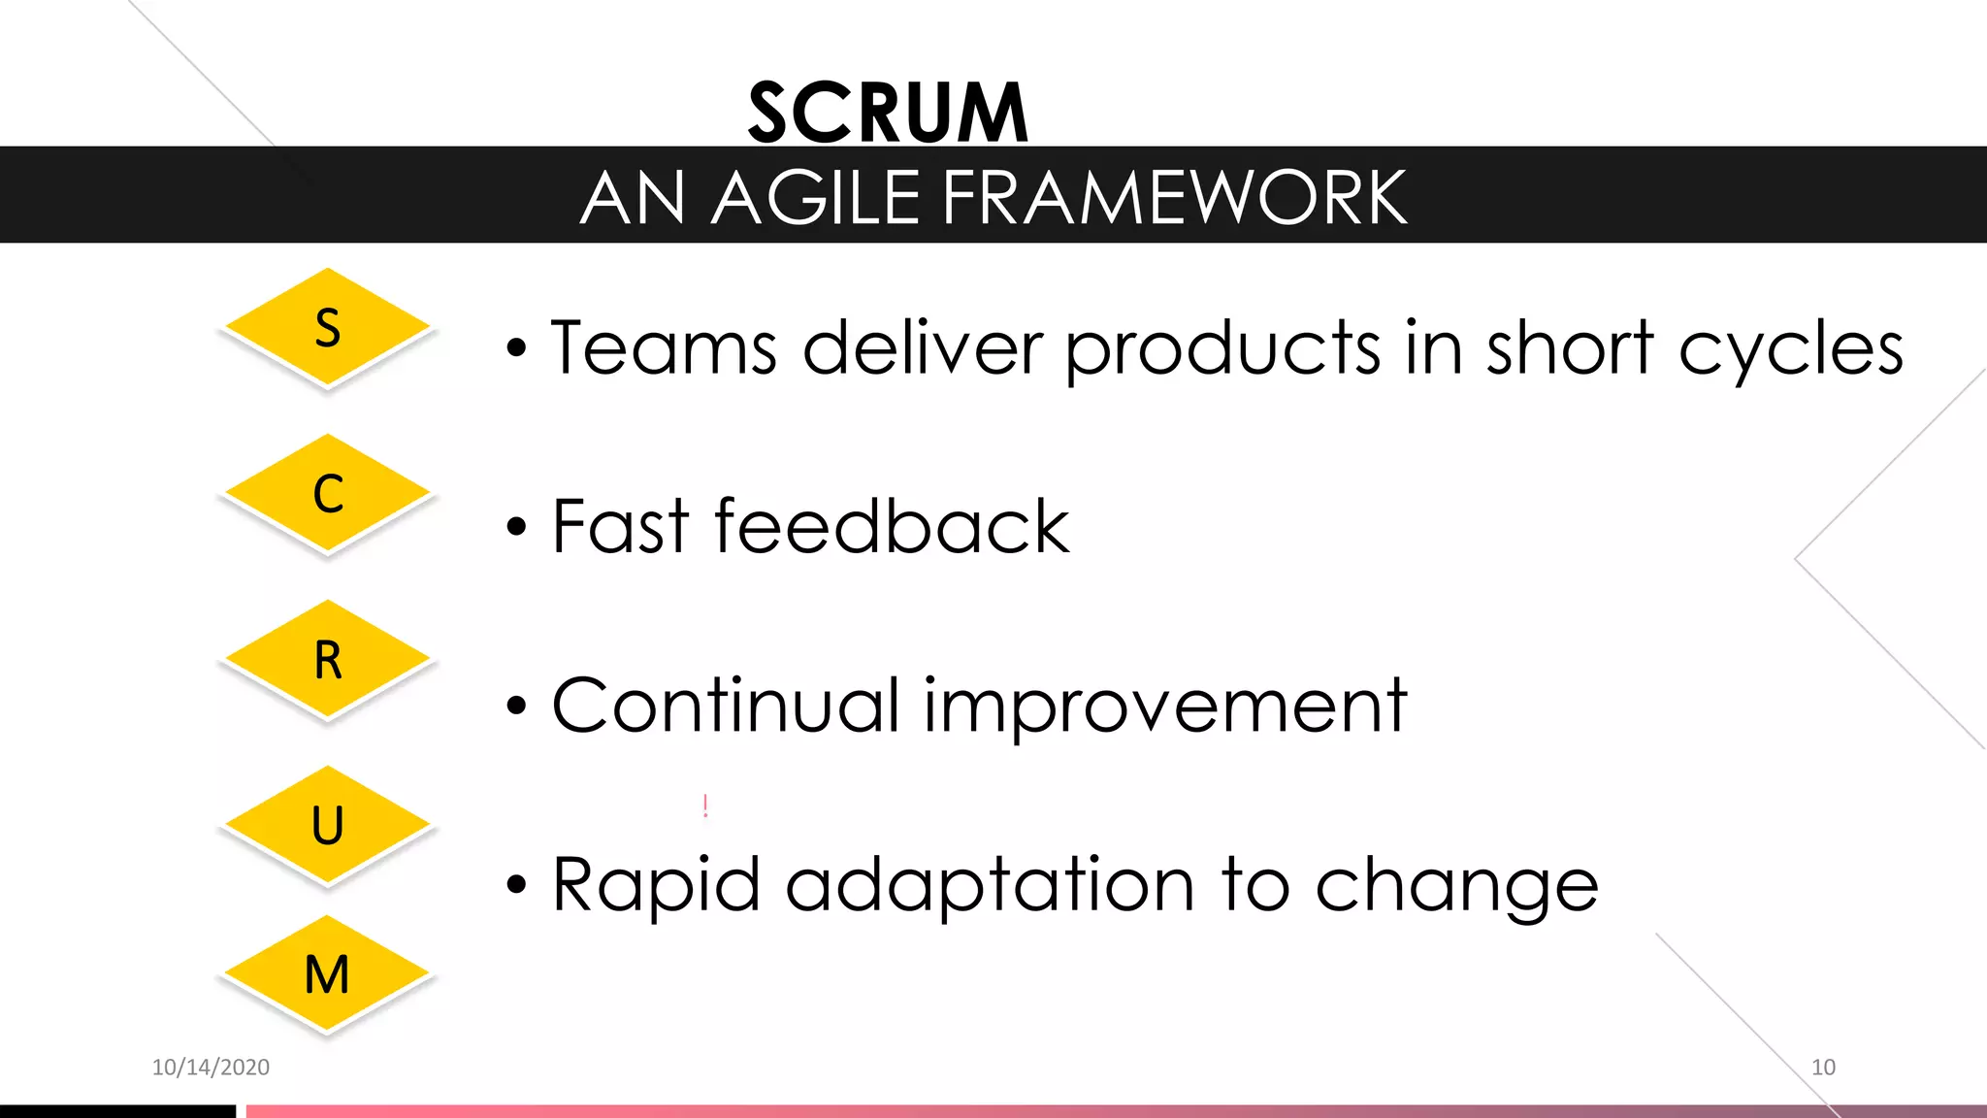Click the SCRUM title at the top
pos(888,114)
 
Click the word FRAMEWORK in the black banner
pos(1174,198)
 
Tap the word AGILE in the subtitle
pos(815,198)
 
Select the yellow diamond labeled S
pos(328,328)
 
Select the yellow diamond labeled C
pos(328,494)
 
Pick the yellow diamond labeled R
pos(328,660)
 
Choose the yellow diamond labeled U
pos(328,826)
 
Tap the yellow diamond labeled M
pos(328,974)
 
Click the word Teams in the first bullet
pos(664,347)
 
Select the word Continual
pos(726,706)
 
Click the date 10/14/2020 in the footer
pos(211,1068)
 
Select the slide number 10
pos(1823,1068)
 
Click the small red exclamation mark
pos(705,806)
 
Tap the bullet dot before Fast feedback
pos(516,528)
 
